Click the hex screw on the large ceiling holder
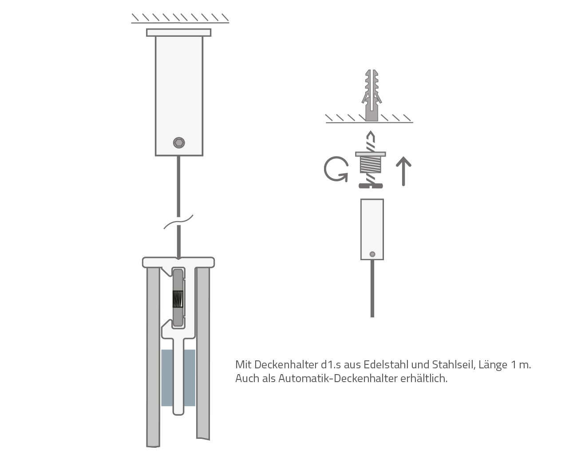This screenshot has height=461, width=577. coord(179,142)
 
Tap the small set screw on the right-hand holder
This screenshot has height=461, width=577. coord(372,254)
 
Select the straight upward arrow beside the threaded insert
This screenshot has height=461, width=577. coord(403,171)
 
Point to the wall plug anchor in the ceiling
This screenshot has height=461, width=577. coord(371,95)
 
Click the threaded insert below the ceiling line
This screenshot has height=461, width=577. coord(371,163)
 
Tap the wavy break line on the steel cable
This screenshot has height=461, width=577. coord(178,222)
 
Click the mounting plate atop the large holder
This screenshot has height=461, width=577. coord(178,32)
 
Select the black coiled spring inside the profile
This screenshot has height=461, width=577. coord(178,299)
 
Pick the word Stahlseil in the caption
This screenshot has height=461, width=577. coord(454,364)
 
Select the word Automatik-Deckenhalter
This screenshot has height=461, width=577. coord(338,379)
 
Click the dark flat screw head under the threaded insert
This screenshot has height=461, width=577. coord(371,185)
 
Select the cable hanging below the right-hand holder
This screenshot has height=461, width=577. coord(372,289)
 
